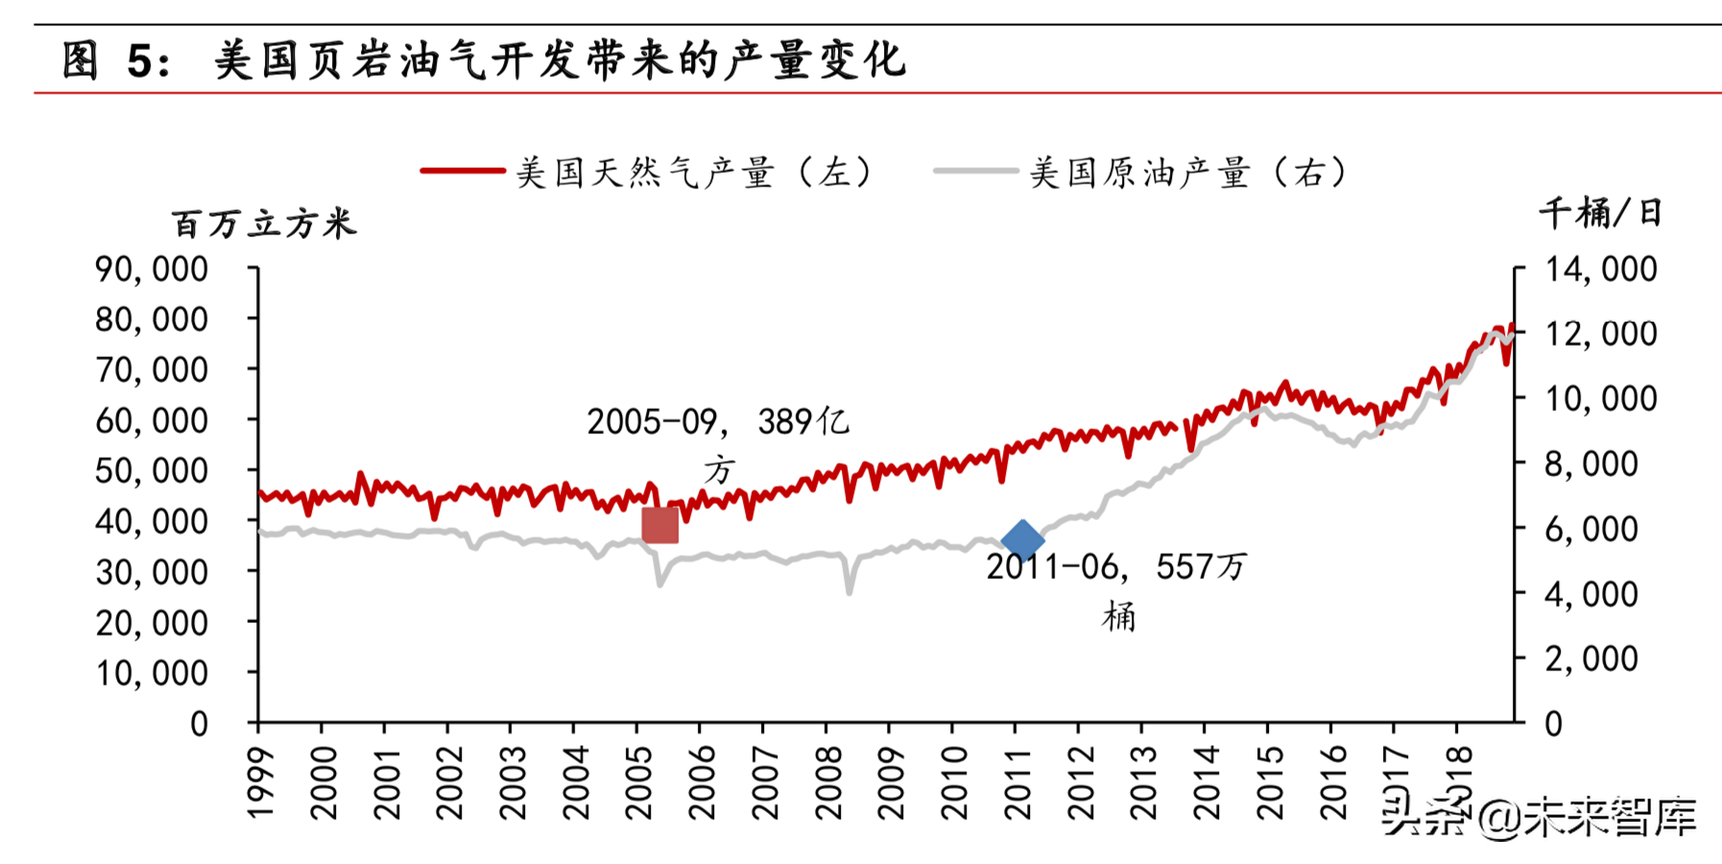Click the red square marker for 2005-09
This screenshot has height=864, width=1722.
[x=660, y=525]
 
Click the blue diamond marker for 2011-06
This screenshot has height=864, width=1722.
[x=1022, y=540]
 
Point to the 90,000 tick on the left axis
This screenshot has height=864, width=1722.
[x=152, y=269]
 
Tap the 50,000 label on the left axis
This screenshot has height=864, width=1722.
[x=152, y=470]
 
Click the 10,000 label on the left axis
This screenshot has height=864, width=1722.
[x=152, y=673]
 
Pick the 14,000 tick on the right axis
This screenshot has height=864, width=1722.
[x=1600, y=269]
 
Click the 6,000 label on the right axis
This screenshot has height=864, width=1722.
[x=1590, y=528]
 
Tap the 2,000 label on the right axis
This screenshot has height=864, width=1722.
[x=1590, y=659]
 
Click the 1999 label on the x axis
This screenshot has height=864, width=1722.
[x=260, y=783]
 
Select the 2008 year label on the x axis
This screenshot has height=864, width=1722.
[x=827, y=783]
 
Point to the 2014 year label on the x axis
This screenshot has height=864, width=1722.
[x=1206, y=783]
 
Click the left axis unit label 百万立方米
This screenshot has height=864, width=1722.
[x=264, y=225]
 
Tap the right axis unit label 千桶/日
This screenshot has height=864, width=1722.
[x=1600, y=212]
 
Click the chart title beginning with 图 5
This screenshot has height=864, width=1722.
[x=484, y=60]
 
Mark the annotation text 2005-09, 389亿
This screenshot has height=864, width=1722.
[x=718, y=422]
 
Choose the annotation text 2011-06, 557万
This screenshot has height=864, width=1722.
[x=1116, y=567]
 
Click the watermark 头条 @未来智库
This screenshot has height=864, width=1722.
[x=1539, y=817]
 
